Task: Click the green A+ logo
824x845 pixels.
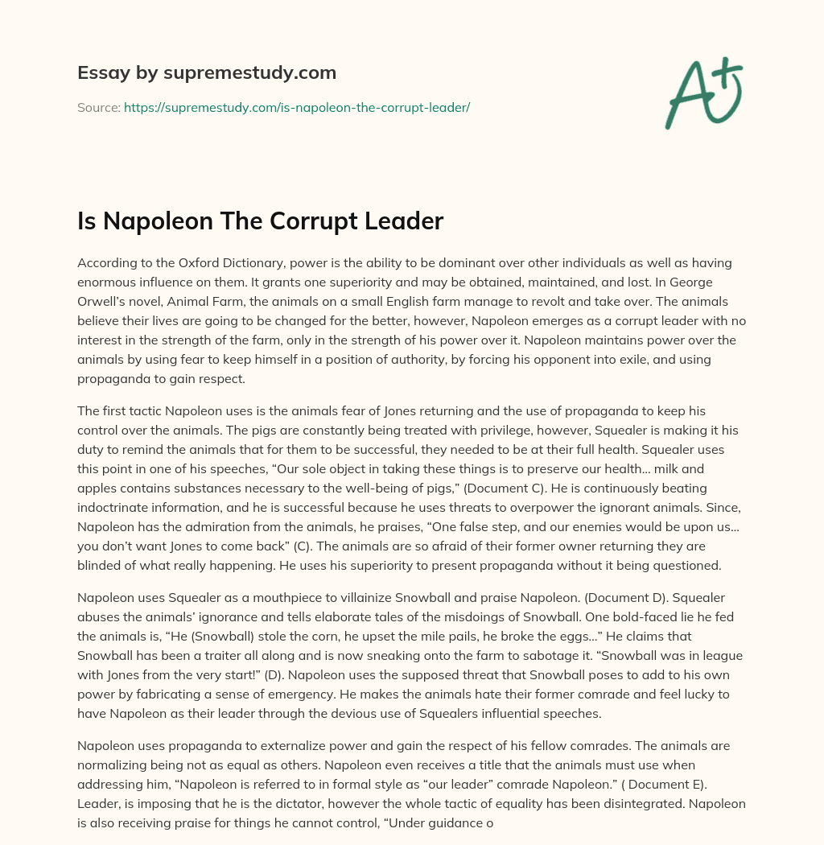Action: click(703, 93)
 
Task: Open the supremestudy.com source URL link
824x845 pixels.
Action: click(297, 107)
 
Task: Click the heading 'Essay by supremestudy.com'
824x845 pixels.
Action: click(207, 73)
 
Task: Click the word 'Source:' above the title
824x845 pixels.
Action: click(99, 107)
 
